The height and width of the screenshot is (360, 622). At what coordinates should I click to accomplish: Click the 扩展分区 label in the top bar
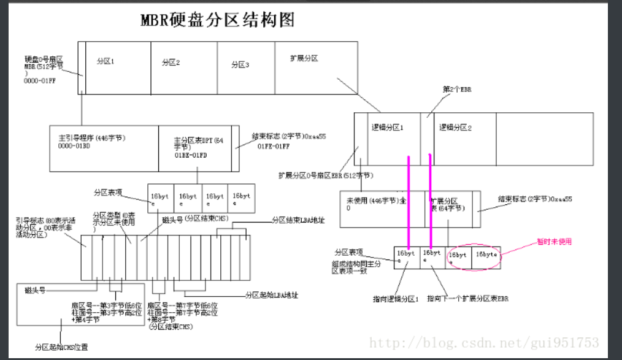tap(304, 58)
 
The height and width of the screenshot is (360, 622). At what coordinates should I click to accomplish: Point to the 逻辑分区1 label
tap(387, 128)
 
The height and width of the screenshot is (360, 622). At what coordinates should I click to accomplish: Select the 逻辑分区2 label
tap(455, 128)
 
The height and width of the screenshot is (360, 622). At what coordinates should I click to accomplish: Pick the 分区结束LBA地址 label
tap(298, 219)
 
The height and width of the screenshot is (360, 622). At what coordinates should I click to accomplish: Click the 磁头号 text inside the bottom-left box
tap(36, 289)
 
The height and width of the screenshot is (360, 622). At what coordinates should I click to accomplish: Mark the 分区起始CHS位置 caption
tap(61, 347)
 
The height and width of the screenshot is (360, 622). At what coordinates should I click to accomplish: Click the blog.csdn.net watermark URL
tap(485, 342)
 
